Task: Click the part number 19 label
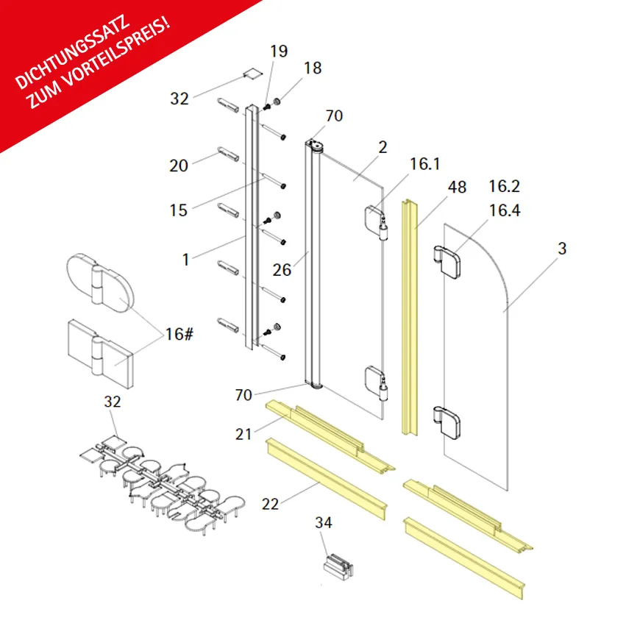(279, 51)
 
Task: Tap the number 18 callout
(313, 68)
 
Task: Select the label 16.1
(424, 164)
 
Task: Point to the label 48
(457, 187)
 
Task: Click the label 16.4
(505, 210)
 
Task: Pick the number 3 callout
(562, 249)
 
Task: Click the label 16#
(179, 334)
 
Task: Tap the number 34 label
(324, 522)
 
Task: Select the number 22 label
(270, 504)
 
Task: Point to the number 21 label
(243, 434)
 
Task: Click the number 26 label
(282, 270)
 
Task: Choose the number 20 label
(179, 166)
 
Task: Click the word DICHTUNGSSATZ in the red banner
(73, 52)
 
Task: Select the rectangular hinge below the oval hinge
(101, 354)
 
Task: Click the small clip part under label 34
(338, 567)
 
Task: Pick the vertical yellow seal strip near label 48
(409, 317)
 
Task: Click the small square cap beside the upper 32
(253, 74)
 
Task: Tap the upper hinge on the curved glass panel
(447, 262)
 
